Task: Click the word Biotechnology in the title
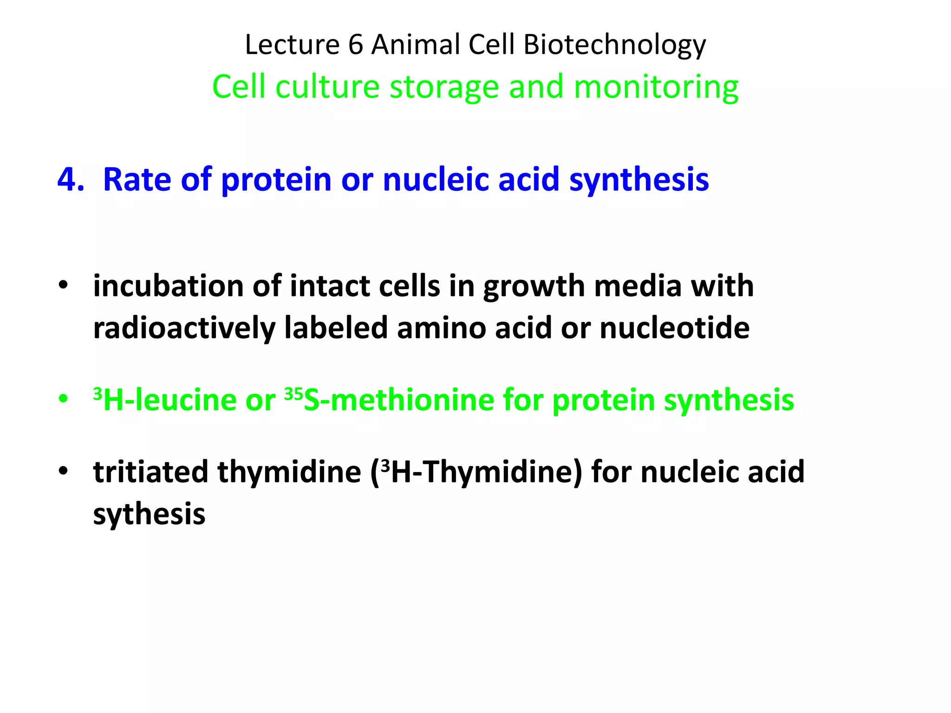614,45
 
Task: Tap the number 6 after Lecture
355,45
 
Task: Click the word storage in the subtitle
443,87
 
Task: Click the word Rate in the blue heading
137,179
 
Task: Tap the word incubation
168,286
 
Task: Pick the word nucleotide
674,328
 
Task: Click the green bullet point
64,399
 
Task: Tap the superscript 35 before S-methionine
293,394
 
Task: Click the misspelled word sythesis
149,514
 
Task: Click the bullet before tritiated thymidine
64,471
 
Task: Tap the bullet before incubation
64,285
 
